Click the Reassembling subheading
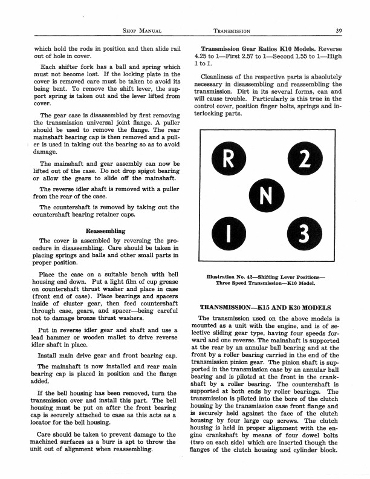(105, 230)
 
